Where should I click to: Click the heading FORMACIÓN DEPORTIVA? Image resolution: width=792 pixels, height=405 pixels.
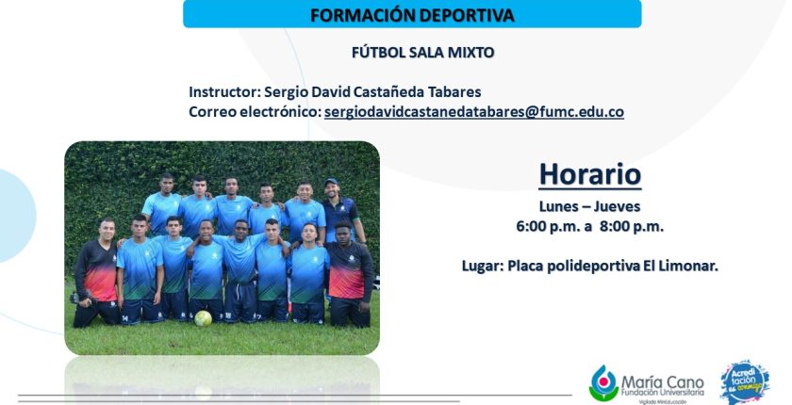(412, 15)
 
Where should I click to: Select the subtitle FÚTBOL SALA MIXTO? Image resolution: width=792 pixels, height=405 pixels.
(422, 53)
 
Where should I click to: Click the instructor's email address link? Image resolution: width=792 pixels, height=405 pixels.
(473, 112)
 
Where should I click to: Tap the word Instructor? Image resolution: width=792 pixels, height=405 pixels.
(223, 92)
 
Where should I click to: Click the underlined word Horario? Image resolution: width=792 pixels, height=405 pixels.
(590, 174)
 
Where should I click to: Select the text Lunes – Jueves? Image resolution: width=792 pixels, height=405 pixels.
(589, 206)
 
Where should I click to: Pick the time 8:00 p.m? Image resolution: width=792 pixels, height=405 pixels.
(632, 227)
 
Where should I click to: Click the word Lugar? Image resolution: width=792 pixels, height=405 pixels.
(482, 266)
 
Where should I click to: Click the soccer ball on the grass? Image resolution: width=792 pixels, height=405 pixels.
(203, 318)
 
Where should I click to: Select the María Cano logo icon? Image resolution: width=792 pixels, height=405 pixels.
(603, 383)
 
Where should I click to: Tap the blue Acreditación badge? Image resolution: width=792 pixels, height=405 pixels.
(745, 382)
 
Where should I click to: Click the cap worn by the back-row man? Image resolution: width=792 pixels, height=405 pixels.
(331, 181)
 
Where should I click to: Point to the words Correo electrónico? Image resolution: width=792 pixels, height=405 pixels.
(255, 112)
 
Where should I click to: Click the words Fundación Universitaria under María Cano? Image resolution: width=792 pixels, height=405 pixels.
(662, 393)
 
